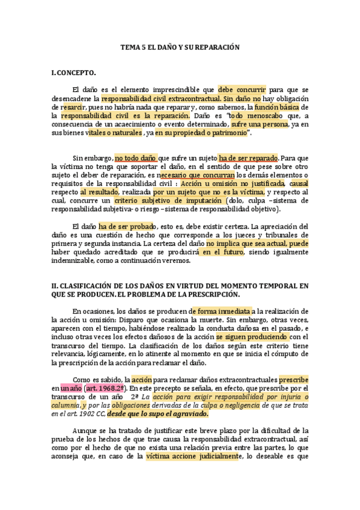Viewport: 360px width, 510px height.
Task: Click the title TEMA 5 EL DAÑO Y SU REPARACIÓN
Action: [x=180, y=46]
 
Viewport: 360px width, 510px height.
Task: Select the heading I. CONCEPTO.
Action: [x=74, y=73]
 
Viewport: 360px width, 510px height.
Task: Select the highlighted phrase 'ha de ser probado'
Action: [x=126, y=226]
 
